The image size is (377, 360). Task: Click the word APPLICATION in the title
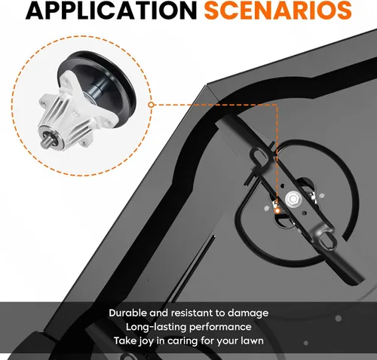click(111, 11)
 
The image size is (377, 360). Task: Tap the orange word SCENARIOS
click(277, 11)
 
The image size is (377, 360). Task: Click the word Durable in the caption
click(127, 313)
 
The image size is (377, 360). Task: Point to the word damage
click(248, 314)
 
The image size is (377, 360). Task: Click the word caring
click(182, 341)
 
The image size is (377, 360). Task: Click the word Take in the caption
click(124, 341)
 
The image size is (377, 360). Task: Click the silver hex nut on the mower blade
click(293, 199)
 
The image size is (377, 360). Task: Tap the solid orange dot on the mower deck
click(277, 211)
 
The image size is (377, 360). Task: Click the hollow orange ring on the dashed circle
click(151, 105)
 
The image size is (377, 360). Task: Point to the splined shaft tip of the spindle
click(44, 142)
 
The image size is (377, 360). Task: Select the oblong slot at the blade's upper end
click(259, 156)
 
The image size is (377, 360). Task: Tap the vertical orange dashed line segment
click(277, 156)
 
